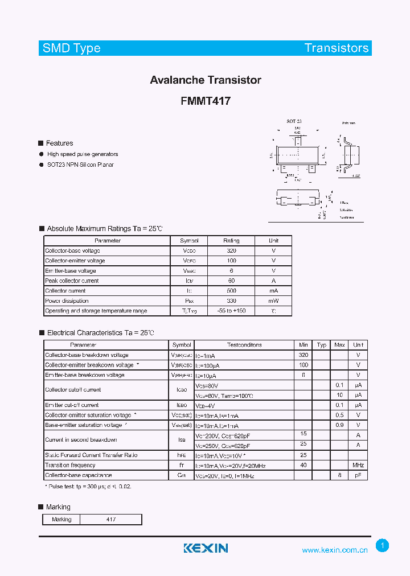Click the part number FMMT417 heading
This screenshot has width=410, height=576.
206,101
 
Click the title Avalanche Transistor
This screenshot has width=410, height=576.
206,80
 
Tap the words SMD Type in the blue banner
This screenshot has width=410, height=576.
72,48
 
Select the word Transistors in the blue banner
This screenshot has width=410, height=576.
337,48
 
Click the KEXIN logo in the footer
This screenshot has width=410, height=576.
206,548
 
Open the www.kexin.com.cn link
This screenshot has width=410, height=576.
335,550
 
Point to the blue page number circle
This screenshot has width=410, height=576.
383,546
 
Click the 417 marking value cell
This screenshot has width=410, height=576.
110,520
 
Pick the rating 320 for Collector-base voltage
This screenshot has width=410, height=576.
231,251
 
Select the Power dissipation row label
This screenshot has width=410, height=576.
67,301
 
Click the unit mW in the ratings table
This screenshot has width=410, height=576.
273,301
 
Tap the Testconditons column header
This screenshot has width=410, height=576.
244,345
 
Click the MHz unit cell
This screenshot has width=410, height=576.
358,465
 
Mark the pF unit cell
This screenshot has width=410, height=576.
358,475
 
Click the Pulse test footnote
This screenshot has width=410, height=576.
88,487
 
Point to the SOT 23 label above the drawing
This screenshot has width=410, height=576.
294,122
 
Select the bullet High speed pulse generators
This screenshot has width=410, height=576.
83,154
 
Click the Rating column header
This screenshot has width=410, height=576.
231,241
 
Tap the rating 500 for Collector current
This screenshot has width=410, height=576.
231,291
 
